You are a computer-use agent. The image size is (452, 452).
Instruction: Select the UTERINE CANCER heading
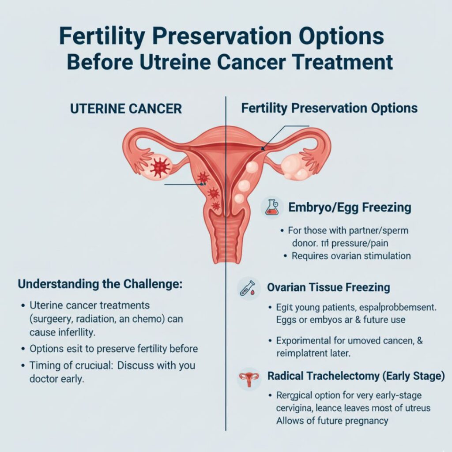126,109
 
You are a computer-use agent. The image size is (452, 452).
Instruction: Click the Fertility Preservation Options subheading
329,108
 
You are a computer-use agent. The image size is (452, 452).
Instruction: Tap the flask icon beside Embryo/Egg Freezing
271,207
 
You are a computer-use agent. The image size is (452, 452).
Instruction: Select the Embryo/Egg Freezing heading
350,207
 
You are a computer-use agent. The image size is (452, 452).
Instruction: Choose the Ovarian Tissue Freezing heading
328,287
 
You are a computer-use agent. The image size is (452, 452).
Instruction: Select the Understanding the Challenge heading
100,284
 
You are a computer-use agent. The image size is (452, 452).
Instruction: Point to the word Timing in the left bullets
45,366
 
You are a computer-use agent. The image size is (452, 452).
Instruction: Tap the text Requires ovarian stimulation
351,256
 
